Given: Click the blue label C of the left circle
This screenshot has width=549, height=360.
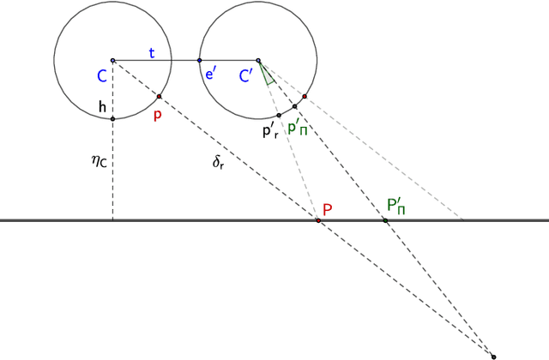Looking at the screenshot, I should [x=102, y=76].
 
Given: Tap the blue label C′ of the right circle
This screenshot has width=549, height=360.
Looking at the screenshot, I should [x=244, y=76].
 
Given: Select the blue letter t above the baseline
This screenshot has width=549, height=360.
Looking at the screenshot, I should [x=152, y=52].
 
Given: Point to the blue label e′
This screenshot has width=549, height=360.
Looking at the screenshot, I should [x=210, y=74].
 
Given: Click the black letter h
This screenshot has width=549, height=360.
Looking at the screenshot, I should [x=102, y=107].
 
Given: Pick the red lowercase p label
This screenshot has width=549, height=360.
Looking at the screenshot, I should [x=157, y=115].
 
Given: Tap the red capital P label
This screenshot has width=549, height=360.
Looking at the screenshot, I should [x=327, y=208].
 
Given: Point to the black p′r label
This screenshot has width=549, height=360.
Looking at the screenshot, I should [x=272, y=132].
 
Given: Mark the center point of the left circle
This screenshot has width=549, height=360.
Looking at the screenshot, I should [x=112, y=60].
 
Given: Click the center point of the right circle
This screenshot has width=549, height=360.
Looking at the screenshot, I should [x=257, y=60].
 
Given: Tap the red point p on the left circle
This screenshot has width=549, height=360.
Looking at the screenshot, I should [x=160, y=96].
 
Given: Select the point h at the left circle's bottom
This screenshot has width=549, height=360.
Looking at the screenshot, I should [x=112, y=118].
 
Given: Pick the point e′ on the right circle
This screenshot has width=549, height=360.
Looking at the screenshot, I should [x=199, y=60].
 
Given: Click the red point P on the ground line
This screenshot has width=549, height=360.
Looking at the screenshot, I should [x=317, y=220].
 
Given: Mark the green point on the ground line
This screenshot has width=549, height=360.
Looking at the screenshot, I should [x=385, y=220].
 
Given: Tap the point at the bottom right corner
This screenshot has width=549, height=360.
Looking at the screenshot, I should [x=493, y=355].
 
